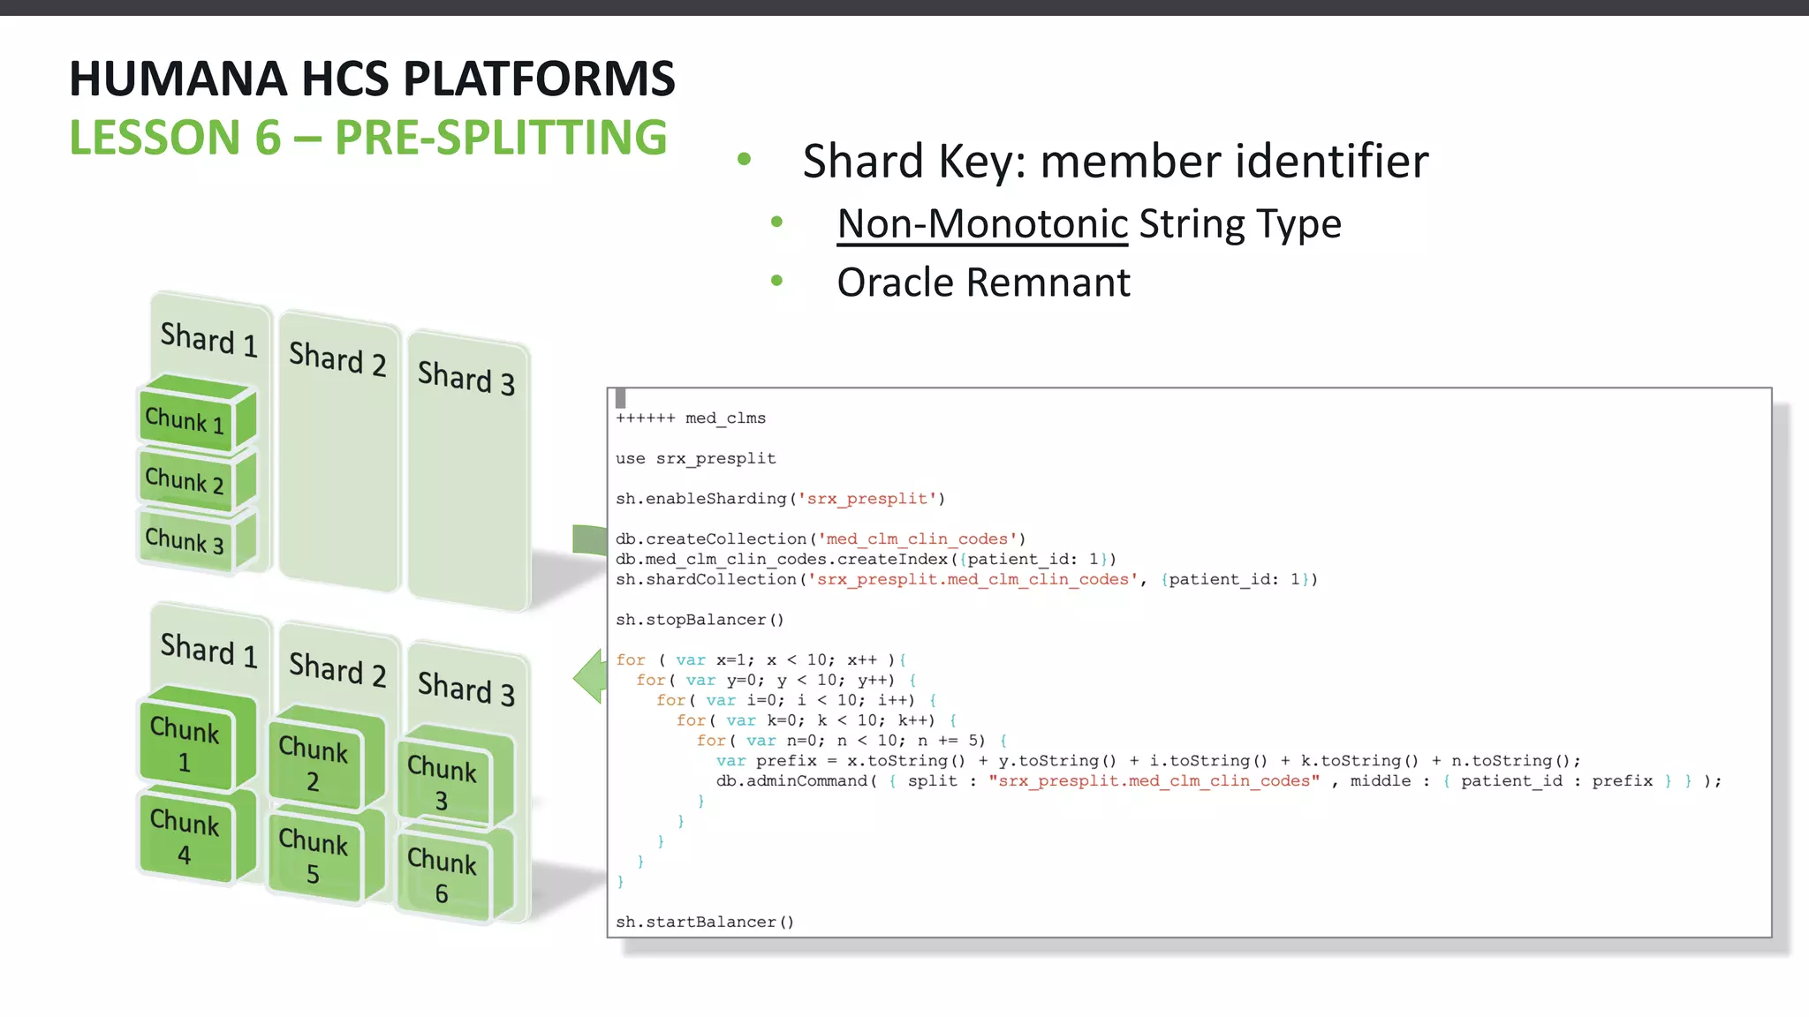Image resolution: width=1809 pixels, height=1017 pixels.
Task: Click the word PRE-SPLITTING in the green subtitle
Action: tap(501, 138)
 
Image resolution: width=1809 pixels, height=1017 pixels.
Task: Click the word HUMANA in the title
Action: tap(178, 79)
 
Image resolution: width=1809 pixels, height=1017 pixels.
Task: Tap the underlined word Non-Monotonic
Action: tap(982, 223)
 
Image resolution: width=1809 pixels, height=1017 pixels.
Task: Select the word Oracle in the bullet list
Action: tap(896, 282)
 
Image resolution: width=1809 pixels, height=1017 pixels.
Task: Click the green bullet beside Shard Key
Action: tap(744, 160)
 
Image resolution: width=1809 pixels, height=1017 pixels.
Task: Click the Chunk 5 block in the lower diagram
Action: tap(314, 855)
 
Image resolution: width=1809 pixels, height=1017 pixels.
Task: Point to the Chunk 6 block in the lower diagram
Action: tap(442, 875)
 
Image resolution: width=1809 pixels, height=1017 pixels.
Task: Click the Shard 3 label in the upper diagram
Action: tap(465, 377)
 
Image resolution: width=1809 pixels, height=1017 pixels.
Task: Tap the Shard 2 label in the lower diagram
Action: tap(337, 668)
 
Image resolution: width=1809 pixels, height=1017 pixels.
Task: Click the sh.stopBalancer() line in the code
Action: tap(700, 620)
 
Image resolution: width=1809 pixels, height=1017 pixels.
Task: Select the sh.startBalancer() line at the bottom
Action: tap(705, 922)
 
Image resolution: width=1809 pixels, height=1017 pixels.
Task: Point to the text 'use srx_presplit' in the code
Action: tap(695, 458)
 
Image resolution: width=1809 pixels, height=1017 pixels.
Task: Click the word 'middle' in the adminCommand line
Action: tap(1381, 780)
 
